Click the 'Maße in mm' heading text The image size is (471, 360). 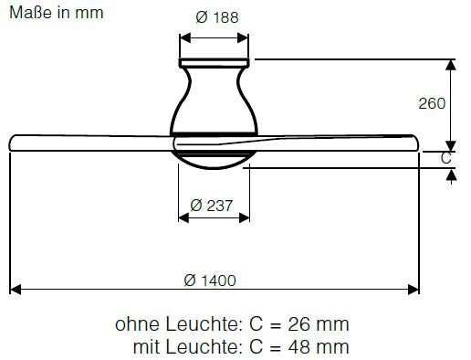pyautogui.click(x=57, y=13)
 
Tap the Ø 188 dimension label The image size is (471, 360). pyautogui.click(x=217, y=17)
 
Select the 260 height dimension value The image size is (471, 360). pyautogui.click(x=432, y=103)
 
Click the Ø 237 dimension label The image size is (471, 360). pyautogui.click(x=211, y=206)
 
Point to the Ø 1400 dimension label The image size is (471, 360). pyautogui.click(x=210, y=281)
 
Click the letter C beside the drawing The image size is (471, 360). pyautogui.click(x=446, y=158)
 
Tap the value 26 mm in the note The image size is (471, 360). pyautogui.click(x=319, y=324)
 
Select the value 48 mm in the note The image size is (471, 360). pyautogui.click(x=319, y=347)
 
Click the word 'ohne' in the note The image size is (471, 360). pyautogui.click(x=137, y=324)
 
